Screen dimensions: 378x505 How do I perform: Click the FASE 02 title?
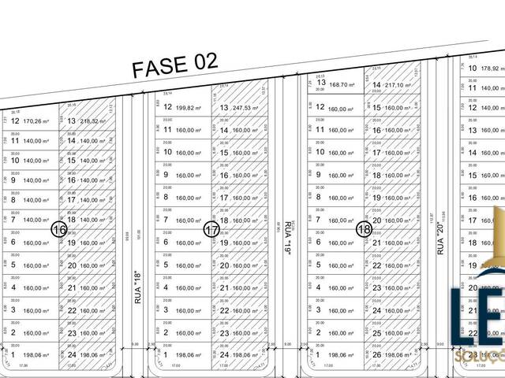coord(174,66)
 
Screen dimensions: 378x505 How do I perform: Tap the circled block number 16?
coord(58,229)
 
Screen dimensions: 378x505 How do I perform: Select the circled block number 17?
coord(211,230)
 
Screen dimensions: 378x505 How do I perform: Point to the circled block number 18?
coord(364,229)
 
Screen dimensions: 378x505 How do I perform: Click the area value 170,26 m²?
coord(36,122)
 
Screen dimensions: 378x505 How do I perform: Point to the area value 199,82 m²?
coord(189,107)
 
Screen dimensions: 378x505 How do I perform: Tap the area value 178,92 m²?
coord(491,69)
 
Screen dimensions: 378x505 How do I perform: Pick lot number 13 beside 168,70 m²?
coord(321,82)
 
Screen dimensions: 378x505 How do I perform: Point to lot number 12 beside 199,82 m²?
coord(167,107)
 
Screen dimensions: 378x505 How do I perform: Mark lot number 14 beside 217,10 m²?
coord(376,85)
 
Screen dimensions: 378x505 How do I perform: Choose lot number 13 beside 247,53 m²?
coord(224,108)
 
